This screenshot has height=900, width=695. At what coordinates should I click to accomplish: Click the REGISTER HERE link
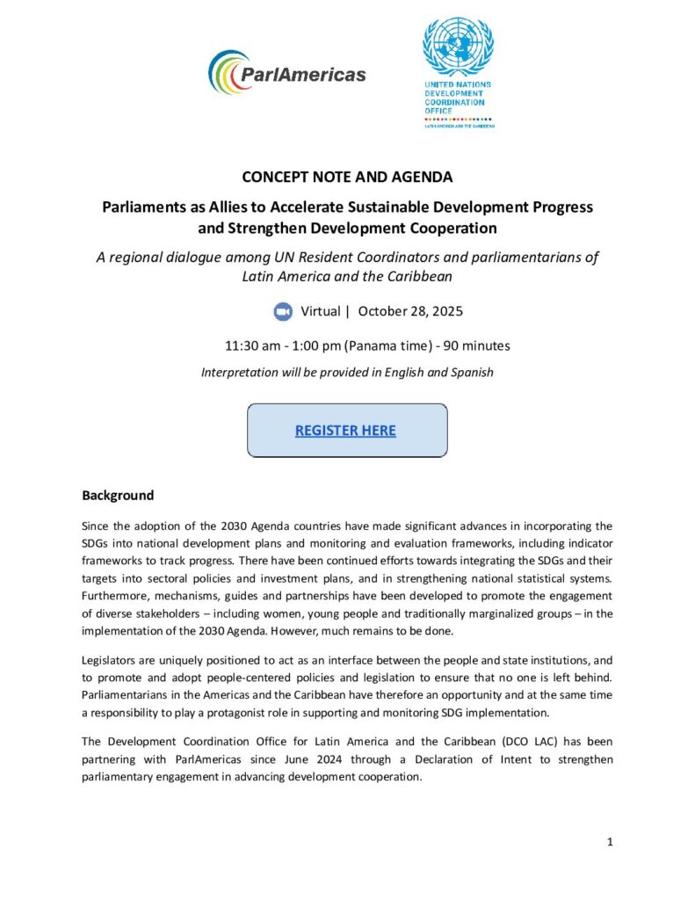tap(345, 431)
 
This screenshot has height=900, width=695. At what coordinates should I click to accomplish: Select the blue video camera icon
tap(283, 312)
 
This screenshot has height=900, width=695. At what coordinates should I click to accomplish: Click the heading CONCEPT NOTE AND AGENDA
tap(347, 177)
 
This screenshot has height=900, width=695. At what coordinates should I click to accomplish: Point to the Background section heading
tap(118, 496)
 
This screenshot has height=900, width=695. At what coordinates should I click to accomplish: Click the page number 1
tap(610, 842)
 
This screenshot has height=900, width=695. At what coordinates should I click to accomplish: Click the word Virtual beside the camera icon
tap(321, 312)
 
